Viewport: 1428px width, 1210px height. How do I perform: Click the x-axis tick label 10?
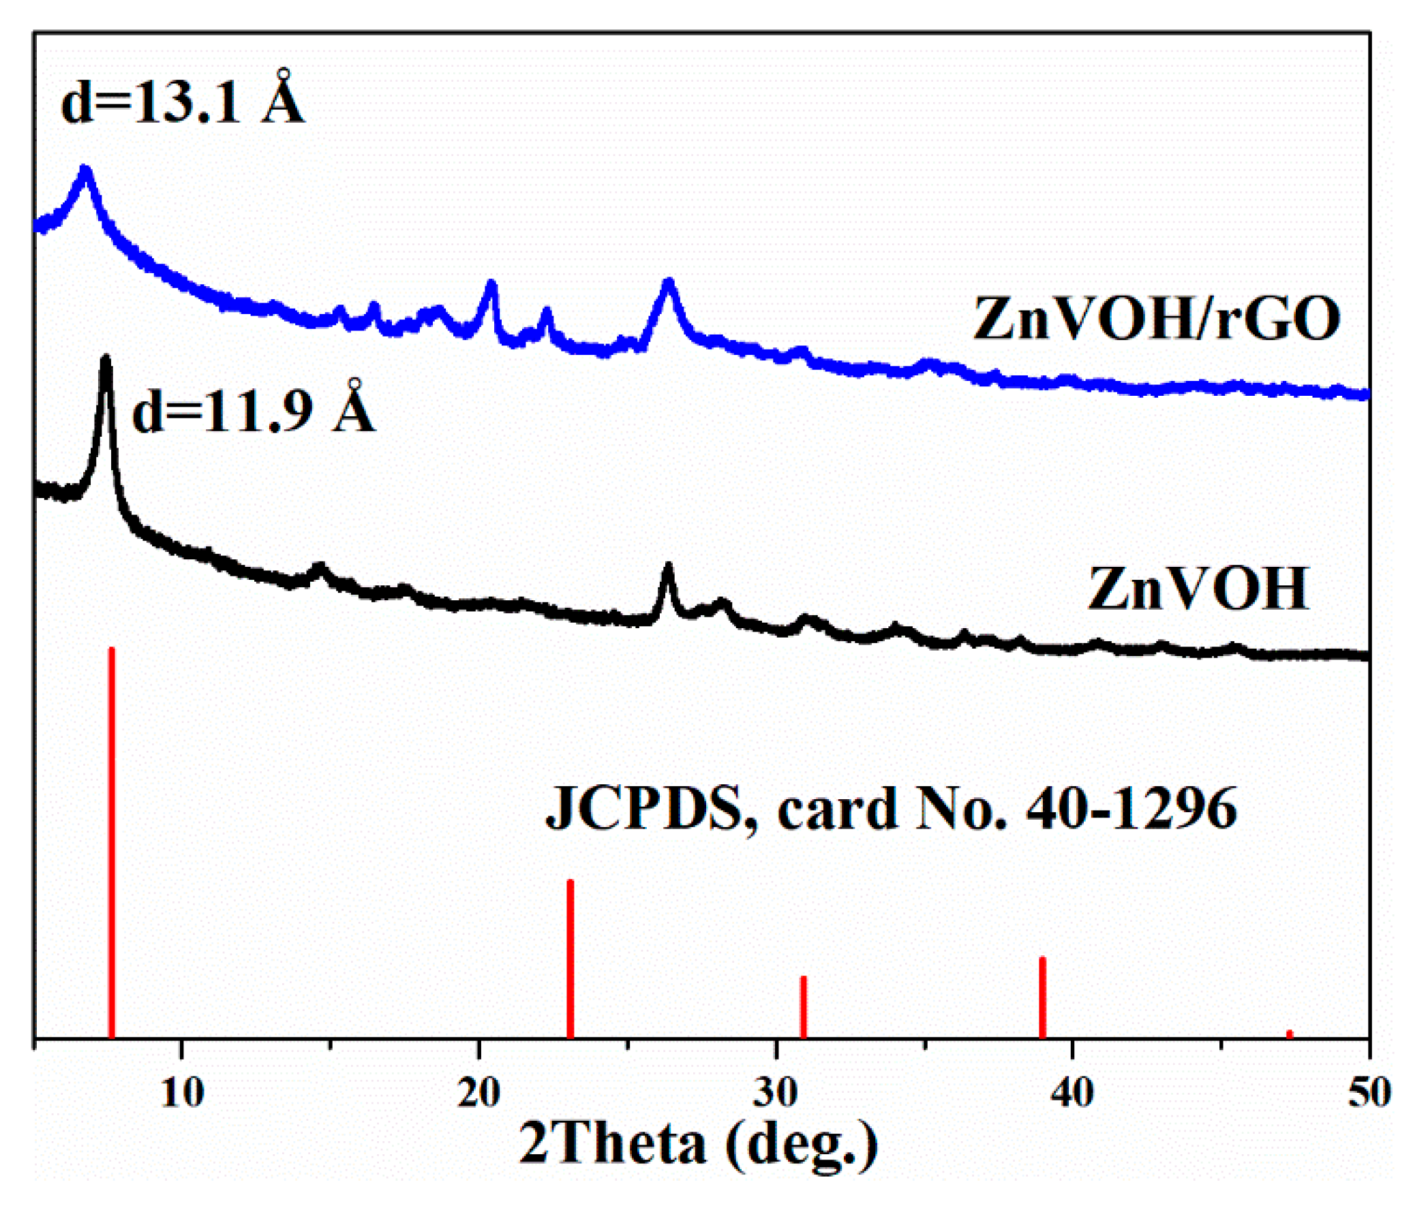[182, 1092]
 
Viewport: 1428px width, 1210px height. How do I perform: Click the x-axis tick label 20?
[479, 1092]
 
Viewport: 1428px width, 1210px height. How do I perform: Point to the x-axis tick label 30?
[776, 1092]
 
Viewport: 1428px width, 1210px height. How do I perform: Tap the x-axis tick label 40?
[1072, 1092]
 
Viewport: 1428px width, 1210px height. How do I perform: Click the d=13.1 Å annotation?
[183, 101]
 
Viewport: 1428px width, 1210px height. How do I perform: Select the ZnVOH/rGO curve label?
[1157, 319]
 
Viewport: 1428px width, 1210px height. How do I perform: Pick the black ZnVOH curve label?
[1198, 589]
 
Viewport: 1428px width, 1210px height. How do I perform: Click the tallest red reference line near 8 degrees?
[112, 843]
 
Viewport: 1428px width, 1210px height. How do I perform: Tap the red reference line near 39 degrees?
[1042, 997]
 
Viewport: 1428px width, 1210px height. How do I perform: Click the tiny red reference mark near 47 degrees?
[1290, 1034]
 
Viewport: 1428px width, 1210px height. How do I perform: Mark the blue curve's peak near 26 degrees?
[669, 283]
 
